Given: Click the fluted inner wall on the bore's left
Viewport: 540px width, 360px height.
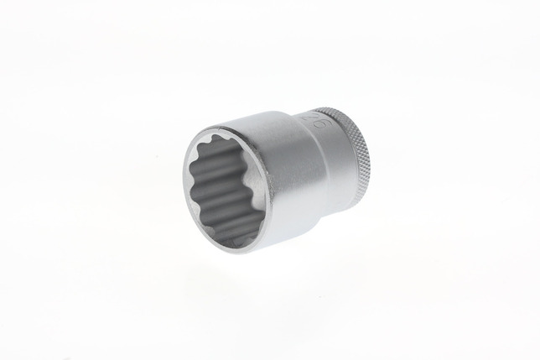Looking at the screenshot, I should [x=201, y=189].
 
